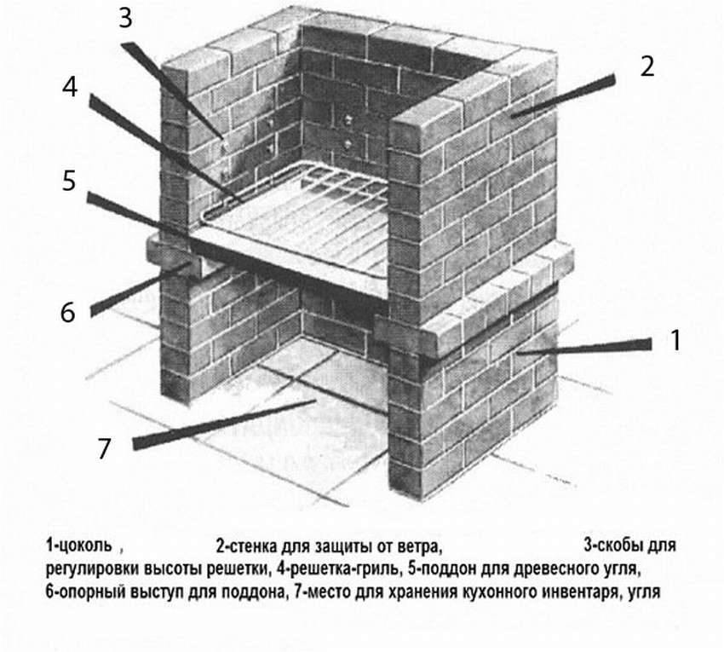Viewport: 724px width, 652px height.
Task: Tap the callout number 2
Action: (x=647, y=67)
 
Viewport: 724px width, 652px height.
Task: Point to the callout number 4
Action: (x=70, y=89)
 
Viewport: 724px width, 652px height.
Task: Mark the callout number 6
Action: (x=67, y=312)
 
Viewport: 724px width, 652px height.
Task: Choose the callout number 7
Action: (x=104, y=449)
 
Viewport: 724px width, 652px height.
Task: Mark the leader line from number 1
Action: (x=588, y=347)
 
